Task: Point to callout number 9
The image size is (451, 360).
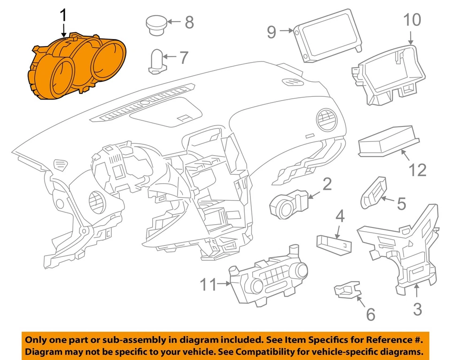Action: pyautogui.click(x=272, y=31)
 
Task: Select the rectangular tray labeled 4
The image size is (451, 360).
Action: pyautogui.click(x=334, y=242)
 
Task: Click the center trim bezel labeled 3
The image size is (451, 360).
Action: pyautogui.click(x=404, y=249)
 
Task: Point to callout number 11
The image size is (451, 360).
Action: pyautogui.click(x=209, y=284)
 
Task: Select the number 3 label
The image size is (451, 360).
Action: pyautogui.click(x=418, y=309)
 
